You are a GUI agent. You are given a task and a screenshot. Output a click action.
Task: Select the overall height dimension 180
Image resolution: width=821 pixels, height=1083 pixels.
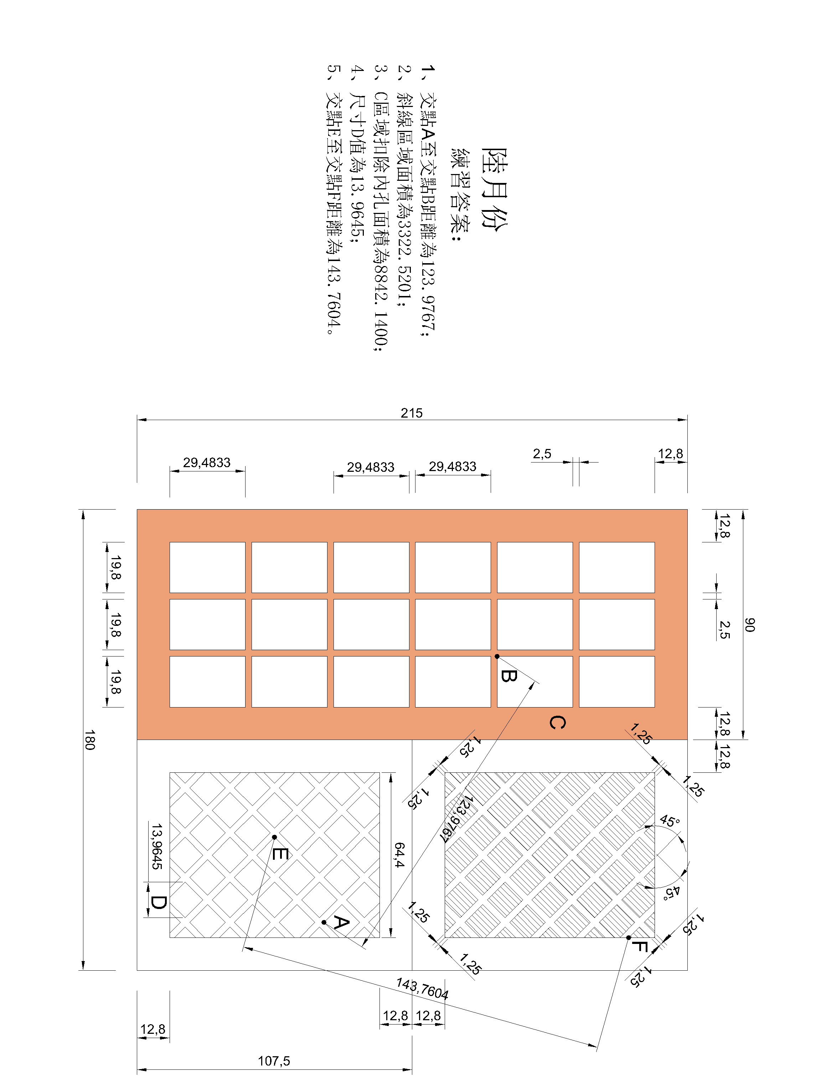tap(89, 740)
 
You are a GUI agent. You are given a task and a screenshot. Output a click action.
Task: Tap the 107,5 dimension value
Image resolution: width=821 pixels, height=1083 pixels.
tap(274, 1061)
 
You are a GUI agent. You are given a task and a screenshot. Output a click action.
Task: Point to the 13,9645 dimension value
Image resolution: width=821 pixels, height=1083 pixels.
tap(156, 846)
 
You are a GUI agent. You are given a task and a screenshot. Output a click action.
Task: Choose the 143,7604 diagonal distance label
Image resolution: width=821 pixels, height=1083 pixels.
tap(422, 989)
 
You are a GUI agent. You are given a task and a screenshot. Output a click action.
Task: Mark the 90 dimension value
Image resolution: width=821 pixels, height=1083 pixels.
tap(750, 625)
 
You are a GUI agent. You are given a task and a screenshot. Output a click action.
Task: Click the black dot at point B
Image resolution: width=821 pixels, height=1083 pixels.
tap(497, 657)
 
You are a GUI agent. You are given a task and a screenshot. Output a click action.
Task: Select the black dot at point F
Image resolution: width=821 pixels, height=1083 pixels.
tap(629, 938)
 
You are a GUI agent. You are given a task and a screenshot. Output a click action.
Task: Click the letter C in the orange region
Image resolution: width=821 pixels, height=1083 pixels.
tap(557, 722)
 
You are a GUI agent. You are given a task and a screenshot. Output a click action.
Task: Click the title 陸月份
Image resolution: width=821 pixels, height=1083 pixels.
tap(495, 188)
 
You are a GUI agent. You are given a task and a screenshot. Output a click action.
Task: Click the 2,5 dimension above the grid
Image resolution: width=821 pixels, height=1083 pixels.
tap(542, 454)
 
